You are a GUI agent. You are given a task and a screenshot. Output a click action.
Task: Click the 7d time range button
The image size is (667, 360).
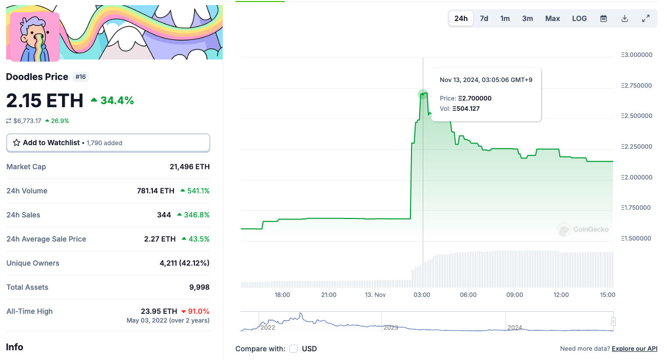[484, 18]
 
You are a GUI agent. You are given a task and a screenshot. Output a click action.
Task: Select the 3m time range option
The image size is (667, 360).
[527, 18]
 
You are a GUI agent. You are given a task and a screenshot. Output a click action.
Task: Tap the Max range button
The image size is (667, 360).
[553, 18]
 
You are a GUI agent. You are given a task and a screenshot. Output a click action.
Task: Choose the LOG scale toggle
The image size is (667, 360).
[579, 18]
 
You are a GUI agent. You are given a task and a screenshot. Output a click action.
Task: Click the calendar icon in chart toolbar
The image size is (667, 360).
[603, 18]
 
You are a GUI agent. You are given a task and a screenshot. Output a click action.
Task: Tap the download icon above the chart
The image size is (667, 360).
[625, 18]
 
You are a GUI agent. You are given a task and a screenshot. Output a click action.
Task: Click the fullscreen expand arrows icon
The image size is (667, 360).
[646, 18]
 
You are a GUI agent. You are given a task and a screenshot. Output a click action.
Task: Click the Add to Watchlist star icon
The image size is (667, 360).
[16, 143]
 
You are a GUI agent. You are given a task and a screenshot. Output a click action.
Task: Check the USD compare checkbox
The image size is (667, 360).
[293, 349]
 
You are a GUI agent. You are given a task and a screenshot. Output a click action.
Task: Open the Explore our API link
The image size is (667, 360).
[635, 349]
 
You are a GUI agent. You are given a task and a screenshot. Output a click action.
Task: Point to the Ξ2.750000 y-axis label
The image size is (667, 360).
[637, 86]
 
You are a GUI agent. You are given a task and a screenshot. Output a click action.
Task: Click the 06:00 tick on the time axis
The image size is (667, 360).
[468, 294]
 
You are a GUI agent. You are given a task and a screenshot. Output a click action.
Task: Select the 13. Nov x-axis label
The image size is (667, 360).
[375, 294]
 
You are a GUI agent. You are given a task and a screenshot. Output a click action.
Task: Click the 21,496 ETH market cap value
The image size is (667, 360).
[190, 167]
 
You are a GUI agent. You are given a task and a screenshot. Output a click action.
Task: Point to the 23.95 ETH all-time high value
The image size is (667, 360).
[159, 311]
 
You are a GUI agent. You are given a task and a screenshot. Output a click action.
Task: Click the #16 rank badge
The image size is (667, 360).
[81, 77]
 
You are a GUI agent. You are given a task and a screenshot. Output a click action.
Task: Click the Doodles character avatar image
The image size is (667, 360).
[35, 37]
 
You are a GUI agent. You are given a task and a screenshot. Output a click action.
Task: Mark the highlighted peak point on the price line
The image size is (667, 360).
[423, 94]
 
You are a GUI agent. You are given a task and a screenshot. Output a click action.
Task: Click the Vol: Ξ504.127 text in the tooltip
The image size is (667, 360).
[460, 109]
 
